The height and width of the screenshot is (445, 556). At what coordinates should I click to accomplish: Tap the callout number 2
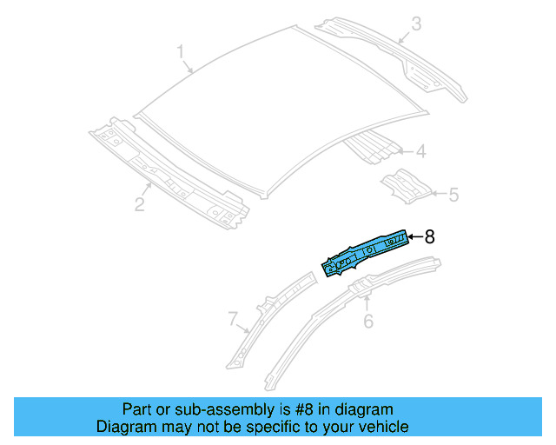pyautogui.click(x=138, y=204)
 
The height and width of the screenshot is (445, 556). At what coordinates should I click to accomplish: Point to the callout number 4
pyautogui.click(x=420, y=153)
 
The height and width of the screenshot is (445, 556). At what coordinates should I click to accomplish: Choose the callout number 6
pyautogui.click(x=367, y=322)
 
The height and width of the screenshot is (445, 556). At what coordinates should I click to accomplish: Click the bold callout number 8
pyautogui.click(x=429, y=236)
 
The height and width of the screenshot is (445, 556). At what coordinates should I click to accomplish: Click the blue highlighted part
pyautogui.click(x=365, y=252)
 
